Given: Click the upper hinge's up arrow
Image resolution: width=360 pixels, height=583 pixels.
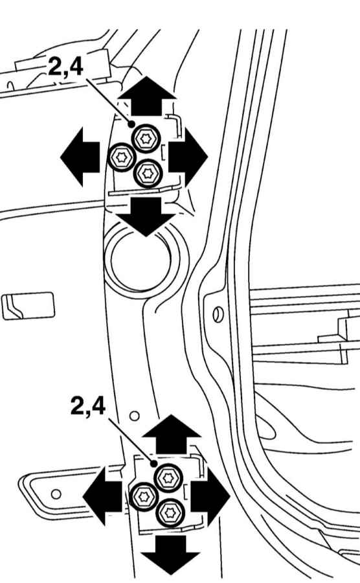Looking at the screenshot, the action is point(147,96).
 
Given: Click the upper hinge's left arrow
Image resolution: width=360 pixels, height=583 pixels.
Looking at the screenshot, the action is point(80,156).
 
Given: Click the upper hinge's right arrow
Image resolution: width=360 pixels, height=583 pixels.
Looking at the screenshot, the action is point(188,156).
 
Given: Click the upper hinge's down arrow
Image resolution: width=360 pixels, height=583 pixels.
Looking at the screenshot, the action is point(146,216).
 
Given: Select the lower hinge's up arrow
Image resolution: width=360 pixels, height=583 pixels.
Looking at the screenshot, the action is point(172,434).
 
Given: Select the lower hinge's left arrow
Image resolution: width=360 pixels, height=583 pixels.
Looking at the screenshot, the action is point(102,496).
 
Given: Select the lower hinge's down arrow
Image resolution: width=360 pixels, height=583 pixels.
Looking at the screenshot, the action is point(170,555).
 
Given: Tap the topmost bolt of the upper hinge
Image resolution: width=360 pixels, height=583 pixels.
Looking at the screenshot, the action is point(145,139).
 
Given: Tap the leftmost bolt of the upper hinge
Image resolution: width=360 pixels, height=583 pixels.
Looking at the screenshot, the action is point(121,157).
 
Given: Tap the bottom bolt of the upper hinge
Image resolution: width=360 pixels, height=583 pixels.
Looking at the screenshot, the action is point(148,173).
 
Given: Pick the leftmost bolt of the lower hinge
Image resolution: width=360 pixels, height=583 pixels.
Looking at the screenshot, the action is point(144,496).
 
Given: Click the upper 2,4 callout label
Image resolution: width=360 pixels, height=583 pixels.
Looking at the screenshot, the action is point(65,67).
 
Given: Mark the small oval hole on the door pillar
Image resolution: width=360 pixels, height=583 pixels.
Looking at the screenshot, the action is point(218,315).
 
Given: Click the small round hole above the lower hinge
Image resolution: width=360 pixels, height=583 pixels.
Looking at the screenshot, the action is point(135,415).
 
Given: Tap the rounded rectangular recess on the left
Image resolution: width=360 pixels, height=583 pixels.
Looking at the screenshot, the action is point(28,306).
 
